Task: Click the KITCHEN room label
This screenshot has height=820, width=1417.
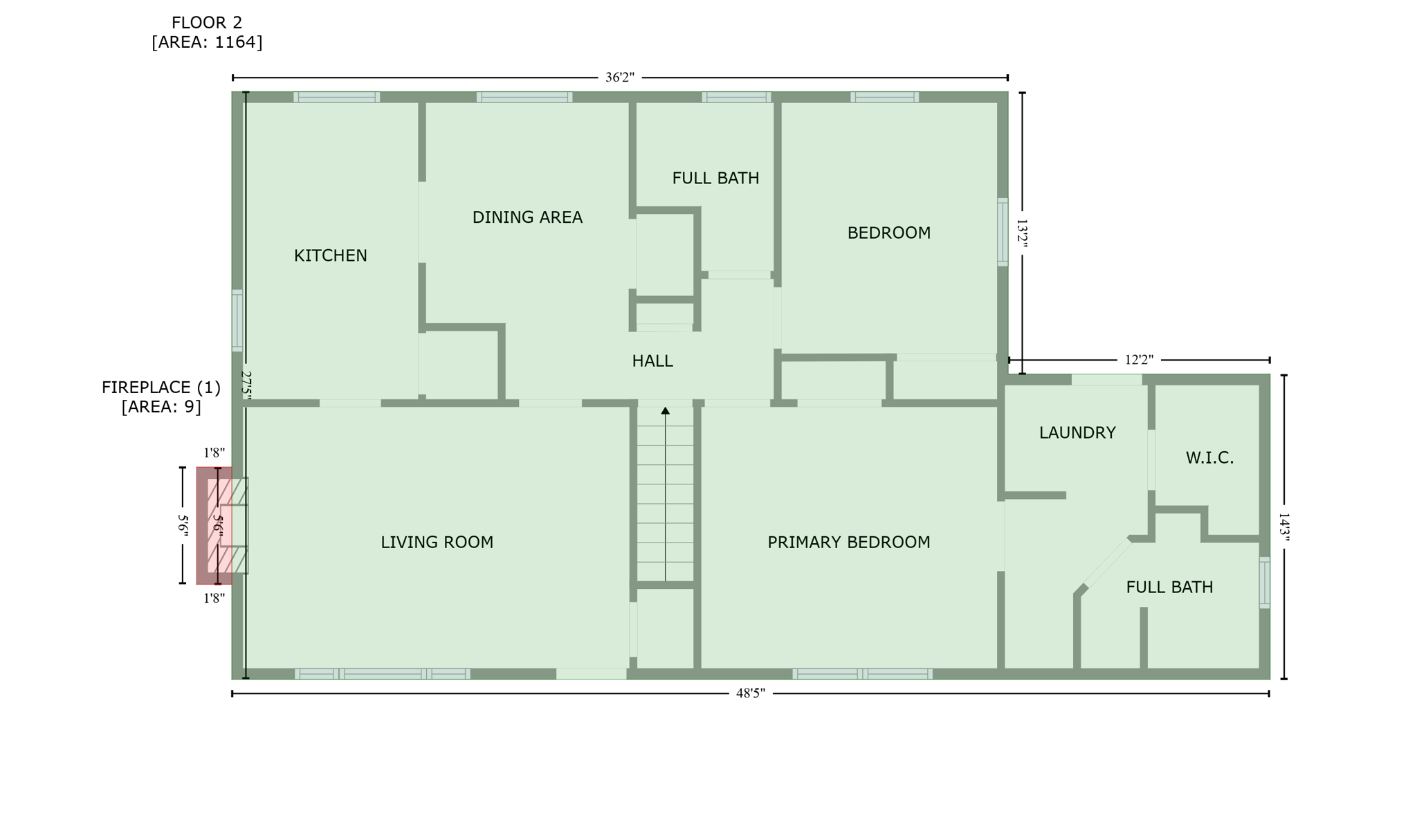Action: click(330, 256)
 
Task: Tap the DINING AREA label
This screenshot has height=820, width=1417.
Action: click(527, 218)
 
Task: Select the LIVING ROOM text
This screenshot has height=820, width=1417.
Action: click(437, 543)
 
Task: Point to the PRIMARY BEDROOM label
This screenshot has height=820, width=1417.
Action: click(848, 543)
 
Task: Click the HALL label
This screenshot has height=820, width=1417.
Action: click(652, 361)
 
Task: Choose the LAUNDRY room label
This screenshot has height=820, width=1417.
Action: click(1077, 433)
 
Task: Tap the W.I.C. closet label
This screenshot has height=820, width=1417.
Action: click(1209, 458)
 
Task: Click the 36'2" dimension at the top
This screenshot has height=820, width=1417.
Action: click(619, 78)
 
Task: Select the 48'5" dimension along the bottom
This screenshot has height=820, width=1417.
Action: click(750, 693)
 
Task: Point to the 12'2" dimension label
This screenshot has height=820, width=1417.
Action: click(1139, 360)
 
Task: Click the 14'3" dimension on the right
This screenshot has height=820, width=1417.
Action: click(1283, 527)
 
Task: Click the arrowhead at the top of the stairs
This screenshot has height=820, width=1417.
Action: click(665, 411)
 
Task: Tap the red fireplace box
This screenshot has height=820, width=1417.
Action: click(214, 526)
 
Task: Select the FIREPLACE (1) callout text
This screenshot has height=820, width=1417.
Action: click(161, 388)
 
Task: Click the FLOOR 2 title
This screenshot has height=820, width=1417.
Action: click(207, 24)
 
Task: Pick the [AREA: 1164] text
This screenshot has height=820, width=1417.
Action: click(207, 42)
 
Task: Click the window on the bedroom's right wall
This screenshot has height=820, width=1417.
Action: click(1002, 232)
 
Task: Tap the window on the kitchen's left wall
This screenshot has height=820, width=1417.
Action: click(237, 320)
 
